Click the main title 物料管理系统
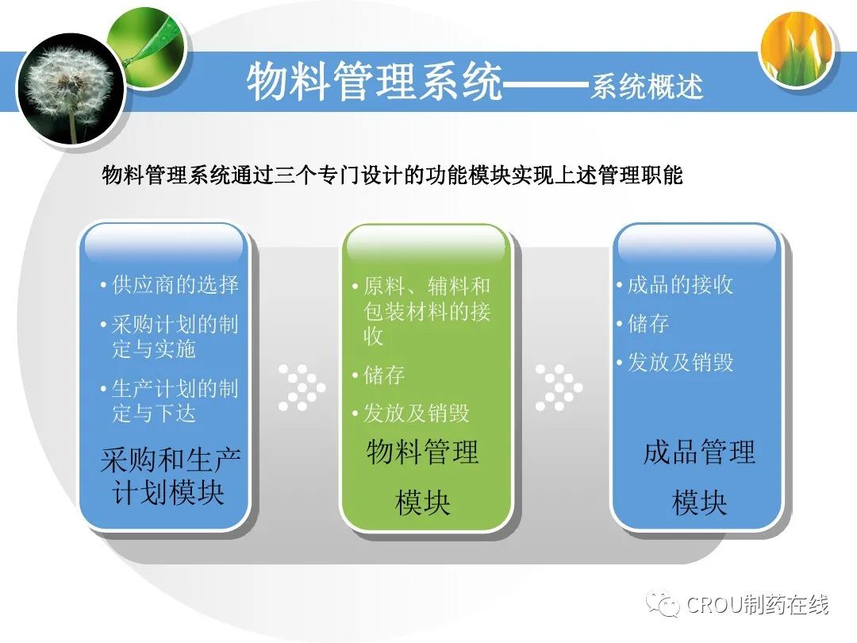coord(375,82)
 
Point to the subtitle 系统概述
coord(647,87)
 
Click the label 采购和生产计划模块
coord(170,476)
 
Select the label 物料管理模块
coord(422,477)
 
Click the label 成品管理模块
coord(700,477)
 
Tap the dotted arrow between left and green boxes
coord(302,387)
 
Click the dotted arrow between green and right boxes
coord(559,387)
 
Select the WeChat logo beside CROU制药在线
coord(663,603)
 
